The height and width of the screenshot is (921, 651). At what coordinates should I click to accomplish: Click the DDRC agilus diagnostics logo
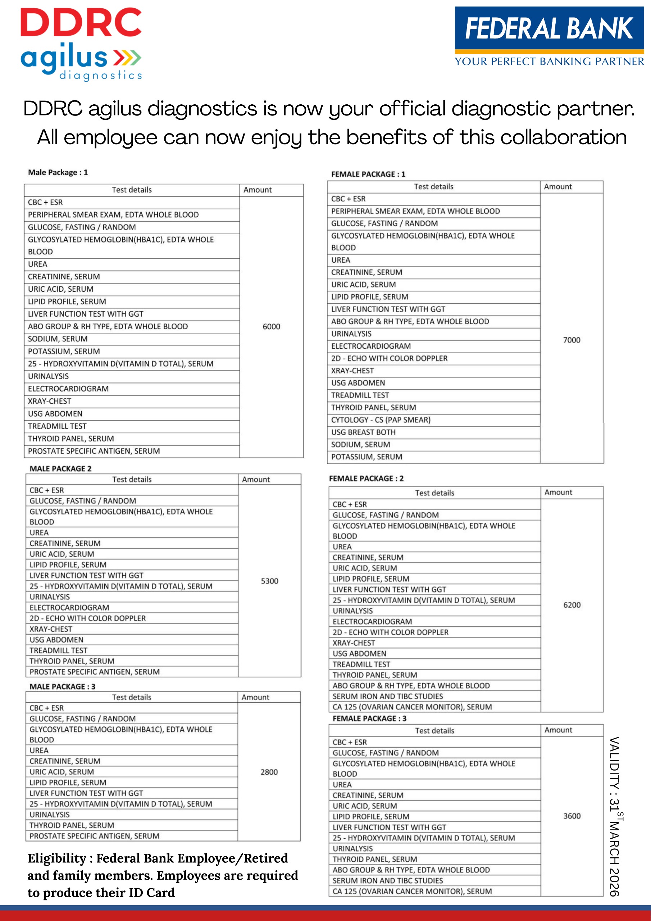(x=81, y=44)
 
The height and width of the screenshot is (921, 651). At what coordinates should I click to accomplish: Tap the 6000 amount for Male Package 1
(x=271, y=327)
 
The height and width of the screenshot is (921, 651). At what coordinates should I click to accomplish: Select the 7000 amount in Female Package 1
(x=572, y=340)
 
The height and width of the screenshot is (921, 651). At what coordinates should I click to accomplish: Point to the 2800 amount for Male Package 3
(x=269, y=772)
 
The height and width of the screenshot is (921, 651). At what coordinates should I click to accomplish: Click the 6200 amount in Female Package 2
(x=572, y=605)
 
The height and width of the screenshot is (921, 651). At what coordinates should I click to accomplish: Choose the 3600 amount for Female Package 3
(x=572, y=816)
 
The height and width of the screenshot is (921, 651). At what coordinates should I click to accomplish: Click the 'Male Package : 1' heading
(x=58, y=172)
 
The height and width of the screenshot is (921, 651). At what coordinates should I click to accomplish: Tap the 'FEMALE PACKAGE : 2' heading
(x=366, y=478)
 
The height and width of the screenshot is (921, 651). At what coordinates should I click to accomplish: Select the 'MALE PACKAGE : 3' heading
(x=63, y=686)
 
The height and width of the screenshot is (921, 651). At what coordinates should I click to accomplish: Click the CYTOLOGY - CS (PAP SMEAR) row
(x=381, y=420)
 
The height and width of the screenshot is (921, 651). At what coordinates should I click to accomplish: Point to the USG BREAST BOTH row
(x=363, y=432)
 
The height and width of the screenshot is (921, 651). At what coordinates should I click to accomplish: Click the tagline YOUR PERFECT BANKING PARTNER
(x=549, y=62)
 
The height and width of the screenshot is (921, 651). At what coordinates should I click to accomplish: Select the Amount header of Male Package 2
(x=256, y=479)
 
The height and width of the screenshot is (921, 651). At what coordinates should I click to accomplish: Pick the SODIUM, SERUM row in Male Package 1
(x=58, y=339)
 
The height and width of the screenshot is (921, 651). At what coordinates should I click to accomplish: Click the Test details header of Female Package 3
(x=434, y=730)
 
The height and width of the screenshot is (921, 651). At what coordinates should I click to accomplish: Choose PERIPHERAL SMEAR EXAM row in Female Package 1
(x=415, y=212)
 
